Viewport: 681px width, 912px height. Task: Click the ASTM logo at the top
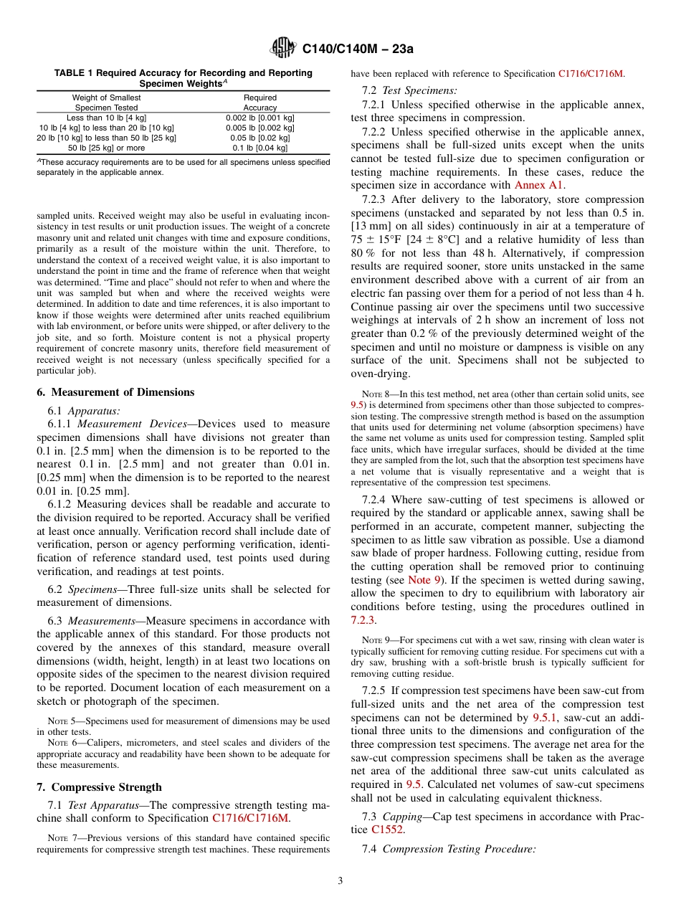click(x=282, y=49)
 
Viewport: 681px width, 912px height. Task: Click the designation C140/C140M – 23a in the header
click(x=358, y=49)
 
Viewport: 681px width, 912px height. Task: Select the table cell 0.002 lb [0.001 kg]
click(x=259, y=118)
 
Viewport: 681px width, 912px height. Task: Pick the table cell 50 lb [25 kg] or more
click(x=106, y=148)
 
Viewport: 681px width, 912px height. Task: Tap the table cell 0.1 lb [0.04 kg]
click(x=259, y=148)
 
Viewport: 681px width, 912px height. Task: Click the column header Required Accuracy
click(x=259, y=103)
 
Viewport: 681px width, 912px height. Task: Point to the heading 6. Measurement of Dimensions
click(x=115, y=392)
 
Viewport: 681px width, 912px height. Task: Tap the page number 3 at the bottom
click(x=340, y=880)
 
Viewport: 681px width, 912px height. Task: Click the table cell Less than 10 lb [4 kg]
click(x=106, y=118)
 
